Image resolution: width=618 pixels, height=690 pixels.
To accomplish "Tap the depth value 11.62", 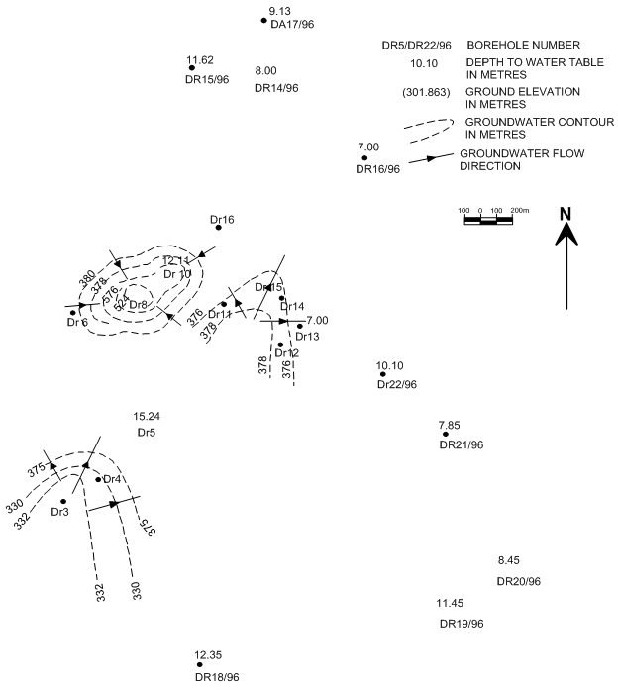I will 200,60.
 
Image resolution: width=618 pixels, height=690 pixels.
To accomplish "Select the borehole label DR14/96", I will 276,88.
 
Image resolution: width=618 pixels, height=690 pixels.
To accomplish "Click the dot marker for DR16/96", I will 364,158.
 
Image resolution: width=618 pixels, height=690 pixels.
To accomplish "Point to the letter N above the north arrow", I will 566,213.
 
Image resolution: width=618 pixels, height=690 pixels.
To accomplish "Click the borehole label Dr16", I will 222,219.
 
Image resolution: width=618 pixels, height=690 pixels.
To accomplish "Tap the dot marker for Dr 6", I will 72,313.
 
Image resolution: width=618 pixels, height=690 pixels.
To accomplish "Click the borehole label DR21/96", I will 461,445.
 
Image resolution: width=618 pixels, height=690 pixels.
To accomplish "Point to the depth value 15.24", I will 147,417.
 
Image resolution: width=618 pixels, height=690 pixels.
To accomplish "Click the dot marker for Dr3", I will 63,501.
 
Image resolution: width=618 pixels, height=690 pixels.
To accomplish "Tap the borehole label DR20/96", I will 518,580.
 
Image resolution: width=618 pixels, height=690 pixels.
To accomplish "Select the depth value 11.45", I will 450,603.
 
